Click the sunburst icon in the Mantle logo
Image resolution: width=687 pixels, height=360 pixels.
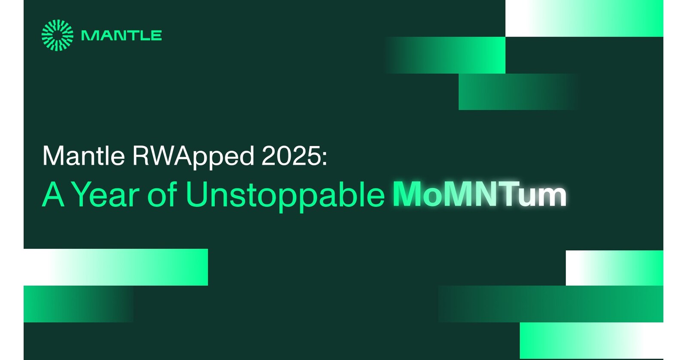point(57,35)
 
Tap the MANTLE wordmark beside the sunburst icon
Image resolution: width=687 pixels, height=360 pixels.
point(122,36)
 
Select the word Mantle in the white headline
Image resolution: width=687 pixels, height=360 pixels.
point(83,156)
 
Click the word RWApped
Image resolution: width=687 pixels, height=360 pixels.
point(193,156)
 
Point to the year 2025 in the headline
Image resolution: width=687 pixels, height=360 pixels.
point(291,156)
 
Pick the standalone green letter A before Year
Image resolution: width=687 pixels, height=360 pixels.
point(53,195)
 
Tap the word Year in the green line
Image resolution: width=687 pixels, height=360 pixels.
point(105,195)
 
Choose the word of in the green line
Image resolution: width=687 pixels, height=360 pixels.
point(162,195)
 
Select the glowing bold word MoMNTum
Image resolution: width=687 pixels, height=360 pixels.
point(479,195)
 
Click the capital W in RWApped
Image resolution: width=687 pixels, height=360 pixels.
point(161,156)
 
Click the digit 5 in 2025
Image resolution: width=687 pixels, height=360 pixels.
point(313,156)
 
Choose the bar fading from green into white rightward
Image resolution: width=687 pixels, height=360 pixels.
point(591,340)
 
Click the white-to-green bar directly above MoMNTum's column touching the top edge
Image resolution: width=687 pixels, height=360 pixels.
point(584,18)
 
